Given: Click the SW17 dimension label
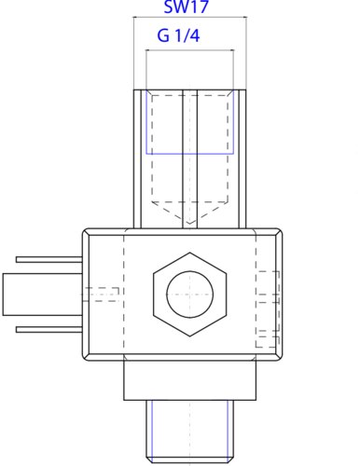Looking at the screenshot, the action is (186, 7).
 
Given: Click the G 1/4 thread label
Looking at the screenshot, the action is (178, 35).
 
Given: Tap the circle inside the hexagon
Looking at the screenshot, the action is (189, 295).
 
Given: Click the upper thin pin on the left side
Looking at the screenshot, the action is (49, 260).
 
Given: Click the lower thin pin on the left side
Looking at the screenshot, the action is (49, 330).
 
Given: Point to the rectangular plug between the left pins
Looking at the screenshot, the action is (43, 295).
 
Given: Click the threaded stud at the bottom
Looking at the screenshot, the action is (189, 432).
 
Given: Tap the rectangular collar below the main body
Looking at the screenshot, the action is (189, 380).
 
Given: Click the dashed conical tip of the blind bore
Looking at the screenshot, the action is (189, 212).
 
